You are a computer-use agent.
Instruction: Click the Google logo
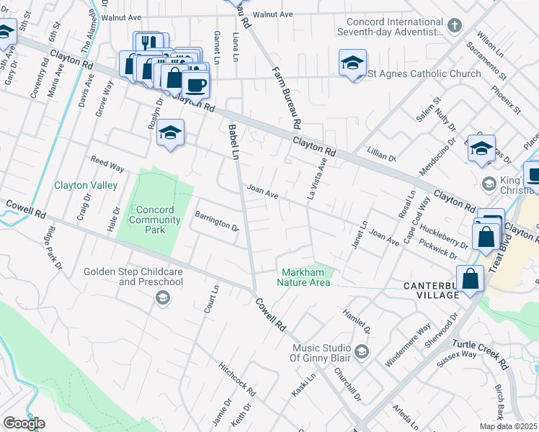(24, 423)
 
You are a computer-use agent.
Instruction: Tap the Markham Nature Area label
(305, 276)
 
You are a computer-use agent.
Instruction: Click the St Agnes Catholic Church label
(424, 73)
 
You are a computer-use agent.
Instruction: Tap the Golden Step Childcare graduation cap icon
(163, 298)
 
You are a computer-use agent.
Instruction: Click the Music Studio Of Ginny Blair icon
(361, 351)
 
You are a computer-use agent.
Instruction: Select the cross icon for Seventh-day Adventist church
(454, 27)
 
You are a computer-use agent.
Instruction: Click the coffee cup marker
(195, 85)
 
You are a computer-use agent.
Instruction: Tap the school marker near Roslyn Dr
(170, 132)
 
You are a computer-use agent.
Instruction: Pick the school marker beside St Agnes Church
(352, 63)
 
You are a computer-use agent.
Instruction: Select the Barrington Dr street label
(216, 221)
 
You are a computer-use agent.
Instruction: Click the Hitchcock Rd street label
(238, 379)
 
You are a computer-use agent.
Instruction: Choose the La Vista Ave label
(316, 179)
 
